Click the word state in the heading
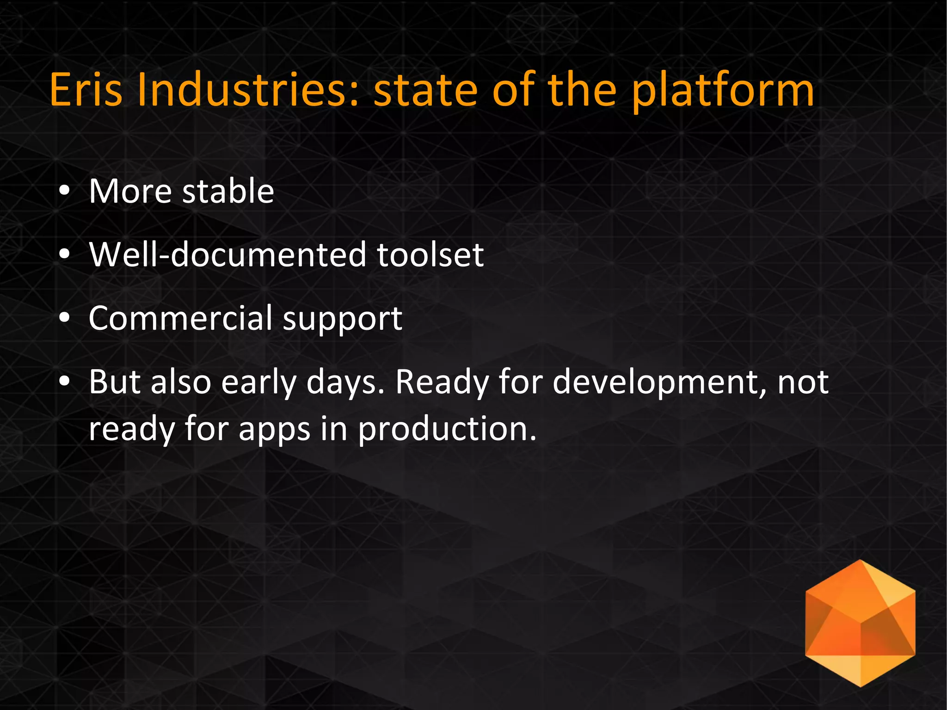pyautogui.click(x=425, y=90)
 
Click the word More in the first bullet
pyautogui.click(x=130, y=191)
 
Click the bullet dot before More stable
pyautogui.click(x=65, y=191)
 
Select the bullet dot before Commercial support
pyautogui.click(x=65, y=318)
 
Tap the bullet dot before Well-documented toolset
pyautogui.click(x=65, y=254)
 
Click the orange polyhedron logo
pyautogui.click(x=860, y=623)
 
